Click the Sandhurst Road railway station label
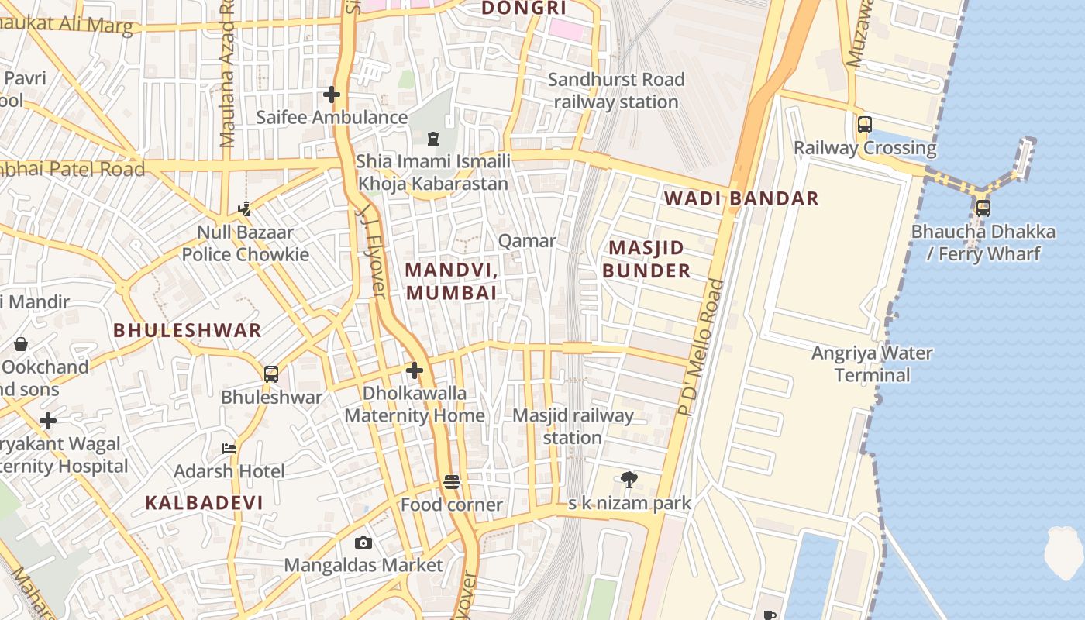616,91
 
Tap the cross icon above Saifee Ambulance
332,95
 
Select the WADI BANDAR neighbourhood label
741,198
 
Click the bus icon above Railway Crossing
864,124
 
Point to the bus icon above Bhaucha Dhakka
983,208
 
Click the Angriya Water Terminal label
872,364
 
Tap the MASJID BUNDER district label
646,259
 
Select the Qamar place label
527,241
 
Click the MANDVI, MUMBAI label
450,281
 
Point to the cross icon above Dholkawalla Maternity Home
415,370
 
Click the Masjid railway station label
573,426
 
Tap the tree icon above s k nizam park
629,480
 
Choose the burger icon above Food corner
452,482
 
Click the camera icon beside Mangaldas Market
363,542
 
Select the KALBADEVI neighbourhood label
204,502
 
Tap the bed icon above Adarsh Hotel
229,448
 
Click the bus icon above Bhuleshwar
271,374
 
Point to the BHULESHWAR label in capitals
188,330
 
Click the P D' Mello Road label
700,347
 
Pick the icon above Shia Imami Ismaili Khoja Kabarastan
432,139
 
